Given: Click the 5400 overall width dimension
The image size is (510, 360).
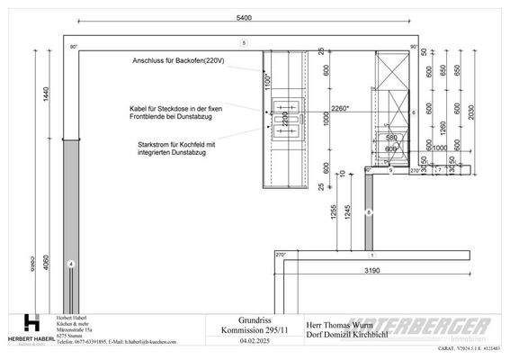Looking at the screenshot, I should (243, 17).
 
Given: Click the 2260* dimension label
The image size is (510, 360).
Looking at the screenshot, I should (340, 110).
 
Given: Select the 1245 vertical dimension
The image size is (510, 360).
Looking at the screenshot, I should (346, 216).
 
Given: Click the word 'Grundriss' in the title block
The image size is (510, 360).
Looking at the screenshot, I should (255, 320).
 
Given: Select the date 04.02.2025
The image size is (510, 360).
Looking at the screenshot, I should (255, 342).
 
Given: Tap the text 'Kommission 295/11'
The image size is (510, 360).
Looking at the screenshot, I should (255, 330).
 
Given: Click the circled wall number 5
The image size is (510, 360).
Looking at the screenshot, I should (244, 43).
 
